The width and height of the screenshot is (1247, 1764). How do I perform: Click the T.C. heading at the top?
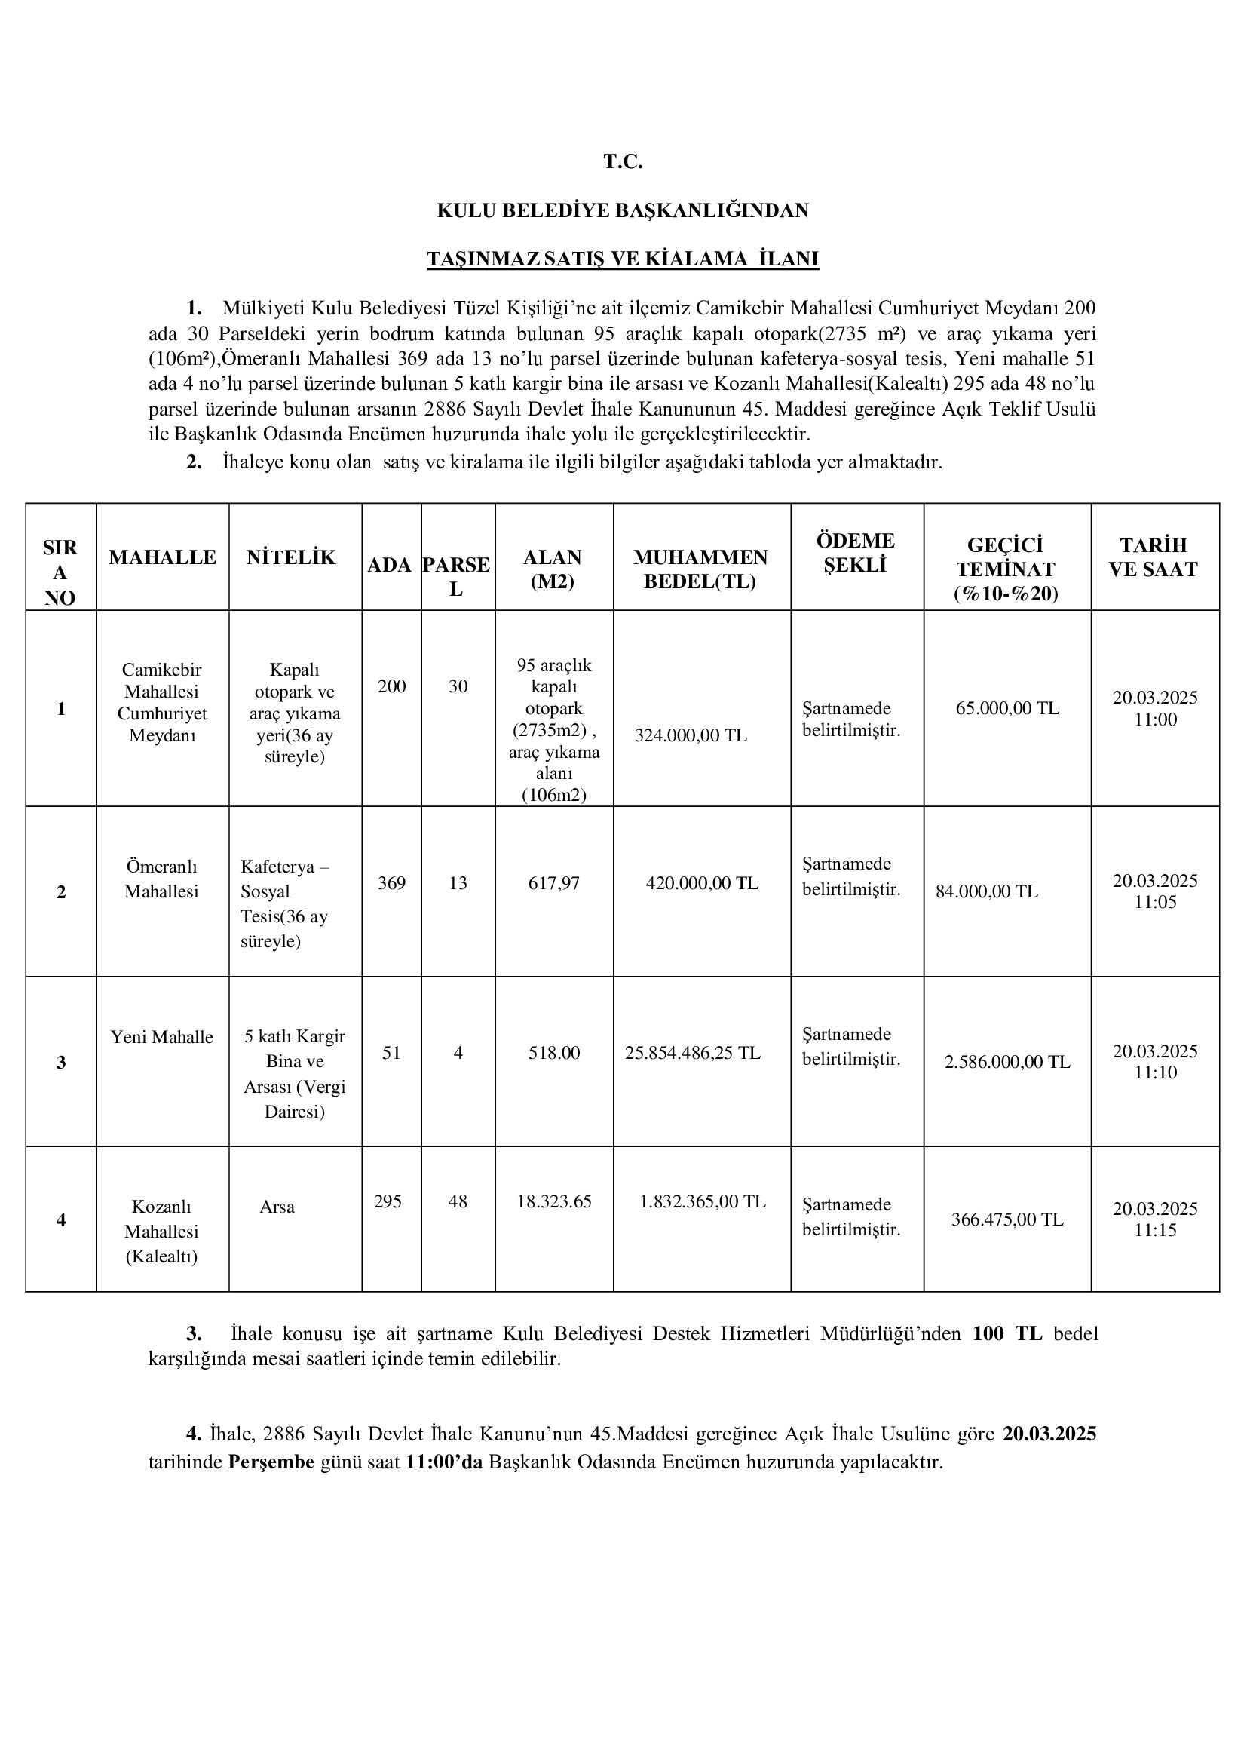(x=622, y=162)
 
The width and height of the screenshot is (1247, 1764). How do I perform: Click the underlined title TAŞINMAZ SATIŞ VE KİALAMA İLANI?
(x=623, y=259)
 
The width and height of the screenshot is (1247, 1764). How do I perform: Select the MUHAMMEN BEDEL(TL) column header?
(x=700, y=569)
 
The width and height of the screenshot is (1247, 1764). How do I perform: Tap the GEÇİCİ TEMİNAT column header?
(x=1006, y=569)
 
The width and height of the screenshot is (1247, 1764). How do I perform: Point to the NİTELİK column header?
(x=291, y=558)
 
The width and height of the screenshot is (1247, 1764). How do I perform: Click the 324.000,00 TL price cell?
(x=691, y=735)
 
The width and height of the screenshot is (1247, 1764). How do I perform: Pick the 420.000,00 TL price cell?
(x=702, y=884)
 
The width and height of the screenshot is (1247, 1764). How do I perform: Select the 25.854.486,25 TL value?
(x=693, y=1053)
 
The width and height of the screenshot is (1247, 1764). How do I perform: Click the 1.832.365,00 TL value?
(x=703, y=1201)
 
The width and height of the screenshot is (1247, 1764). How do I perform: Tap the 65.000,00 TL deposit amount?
(x=1006, y=708)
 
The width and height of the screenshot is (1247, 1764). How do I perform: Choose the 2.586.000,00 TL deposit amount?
(x=1006, y=1062)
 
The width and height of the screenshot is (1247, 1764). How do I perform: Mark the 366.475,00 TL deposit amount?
(x=1006, y=1219)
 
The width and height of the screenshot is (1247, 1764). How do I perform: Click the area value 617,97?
(x=553, y=884)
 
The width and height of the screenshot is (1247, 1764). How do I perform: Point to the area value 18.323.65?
(x=553, y=1201)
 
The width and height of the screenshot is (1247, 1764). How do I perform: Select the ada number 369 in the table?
(x=391, y=884)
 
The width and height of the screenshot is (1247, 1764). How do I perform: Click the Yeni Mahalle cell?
(x=162, y=1037)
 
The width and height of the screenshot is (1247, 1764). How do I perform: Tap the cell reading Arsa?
(x=277, y=1207)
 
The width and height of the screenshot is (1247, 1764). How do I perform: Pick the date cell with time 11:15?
(x=1155, y=1219)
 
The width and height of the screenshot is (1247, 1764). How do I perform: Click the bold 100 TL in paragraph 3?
(x=1006, y=1334)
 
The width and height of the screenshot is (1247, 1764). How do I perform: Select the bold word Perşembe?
(x=271, y=1462)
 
